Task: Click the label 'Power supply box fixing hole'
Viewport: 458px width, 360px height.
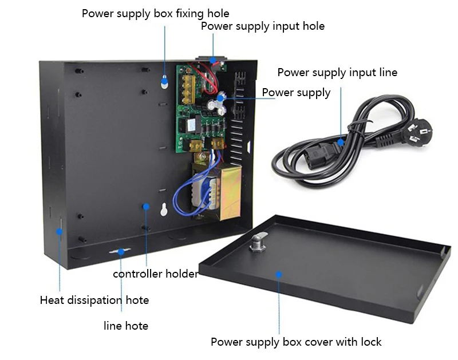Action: (x=155, y=13)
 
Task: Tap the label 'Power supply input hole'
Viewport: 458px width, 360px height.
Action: (x=262, y=26)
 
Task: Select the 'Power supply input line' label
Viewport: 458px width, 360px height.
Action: (x=337, y=73)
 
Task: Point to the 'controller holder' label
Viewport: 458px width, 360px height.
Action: (x=155, y=274)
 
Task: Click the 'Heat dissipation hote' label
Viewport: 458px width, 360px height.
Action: (x=94, y=300)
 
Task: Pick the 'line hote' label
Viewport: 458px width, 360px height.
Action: (x=126, y=326)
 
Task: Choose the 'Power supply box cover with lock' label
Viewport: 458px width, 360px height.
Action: (x=296, y=342)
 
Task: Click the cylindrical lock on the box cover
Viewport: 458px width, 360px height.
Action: (x=258, y=244)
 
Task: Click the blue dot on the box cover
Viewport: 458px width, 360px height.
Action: (x=279, y=274)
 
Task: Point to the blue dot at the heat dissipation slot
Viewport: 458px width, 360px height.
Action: (x=59, y=232)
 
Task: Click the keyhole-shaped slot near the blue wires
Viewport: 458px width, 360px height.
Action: (x=164, y=209)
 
